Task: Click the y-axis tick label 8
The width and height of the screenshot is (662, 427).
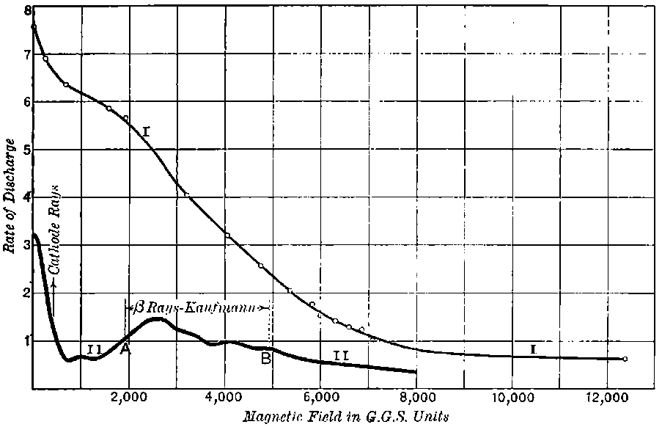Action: (27, 11)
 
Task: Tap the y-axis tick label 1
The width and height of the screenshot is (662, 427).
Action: (27, 340)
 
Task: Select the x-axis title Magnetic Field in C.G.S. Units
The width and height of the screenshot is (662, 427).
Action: (345, 416)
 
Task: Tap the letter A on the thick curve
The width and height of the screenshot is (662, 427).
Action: (125, 350)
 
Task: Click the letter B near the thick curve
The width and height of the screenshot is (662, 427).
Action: (266, 358)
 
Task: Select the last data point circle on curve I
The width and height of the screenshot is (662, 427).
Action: (625, 359)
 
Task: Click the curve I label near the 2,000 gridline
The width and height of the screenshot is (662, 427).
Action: (147, 131)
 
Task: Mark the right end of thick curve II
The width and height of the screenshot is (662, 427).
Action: (416, 371)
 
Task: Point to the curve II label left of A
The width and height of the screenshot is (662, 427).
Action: (94, 349)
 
